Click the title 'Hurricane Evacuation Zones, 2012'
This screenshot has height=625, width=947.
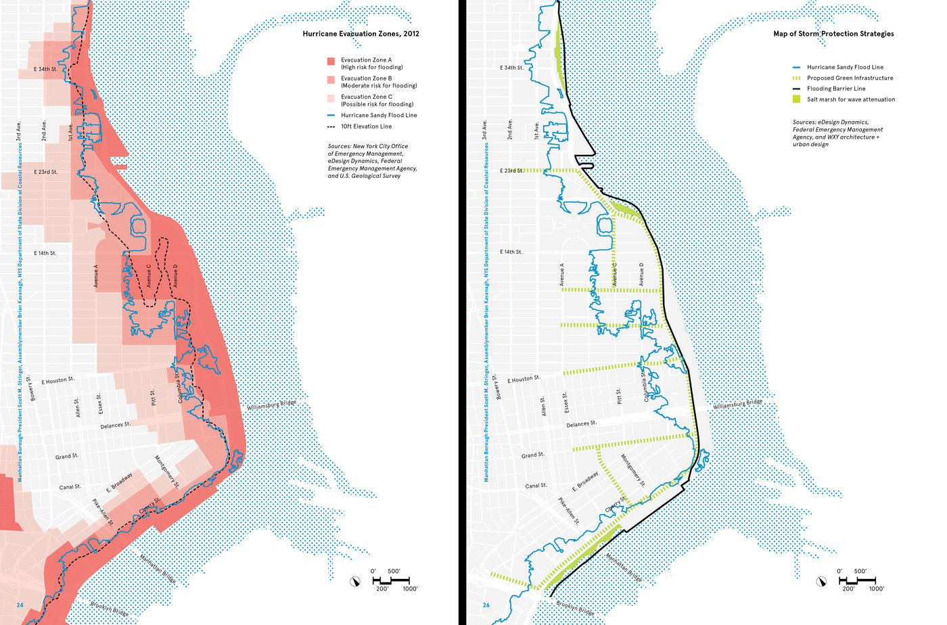pos(361,34)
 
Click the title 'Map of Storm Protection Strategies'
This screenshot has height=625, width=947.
pos(833,34)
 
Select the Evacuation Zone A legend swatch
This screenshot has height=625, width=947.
pos(331,62)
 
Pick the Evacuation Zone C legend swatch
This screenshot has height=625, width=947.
pos(331,99)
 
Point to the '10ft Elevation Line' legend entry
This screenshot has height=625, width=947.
pos(365,126)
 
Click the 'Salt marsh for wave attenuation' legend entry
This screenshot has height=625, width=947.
pos(850,99)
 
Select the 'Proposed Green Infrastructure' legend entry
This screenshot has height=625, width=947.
pos(850,78)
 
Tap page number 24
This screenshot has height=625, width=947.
pos(20,605)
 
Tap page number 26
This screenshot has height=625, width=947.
pos(486,605)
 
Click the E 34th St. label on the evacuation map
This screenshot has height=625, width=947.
pos(45,69)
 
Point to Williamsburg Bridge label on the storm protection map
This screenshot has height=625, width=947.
pos(737,404)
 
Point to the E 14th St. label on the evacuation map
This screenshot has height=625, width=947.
pos(45,253)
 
